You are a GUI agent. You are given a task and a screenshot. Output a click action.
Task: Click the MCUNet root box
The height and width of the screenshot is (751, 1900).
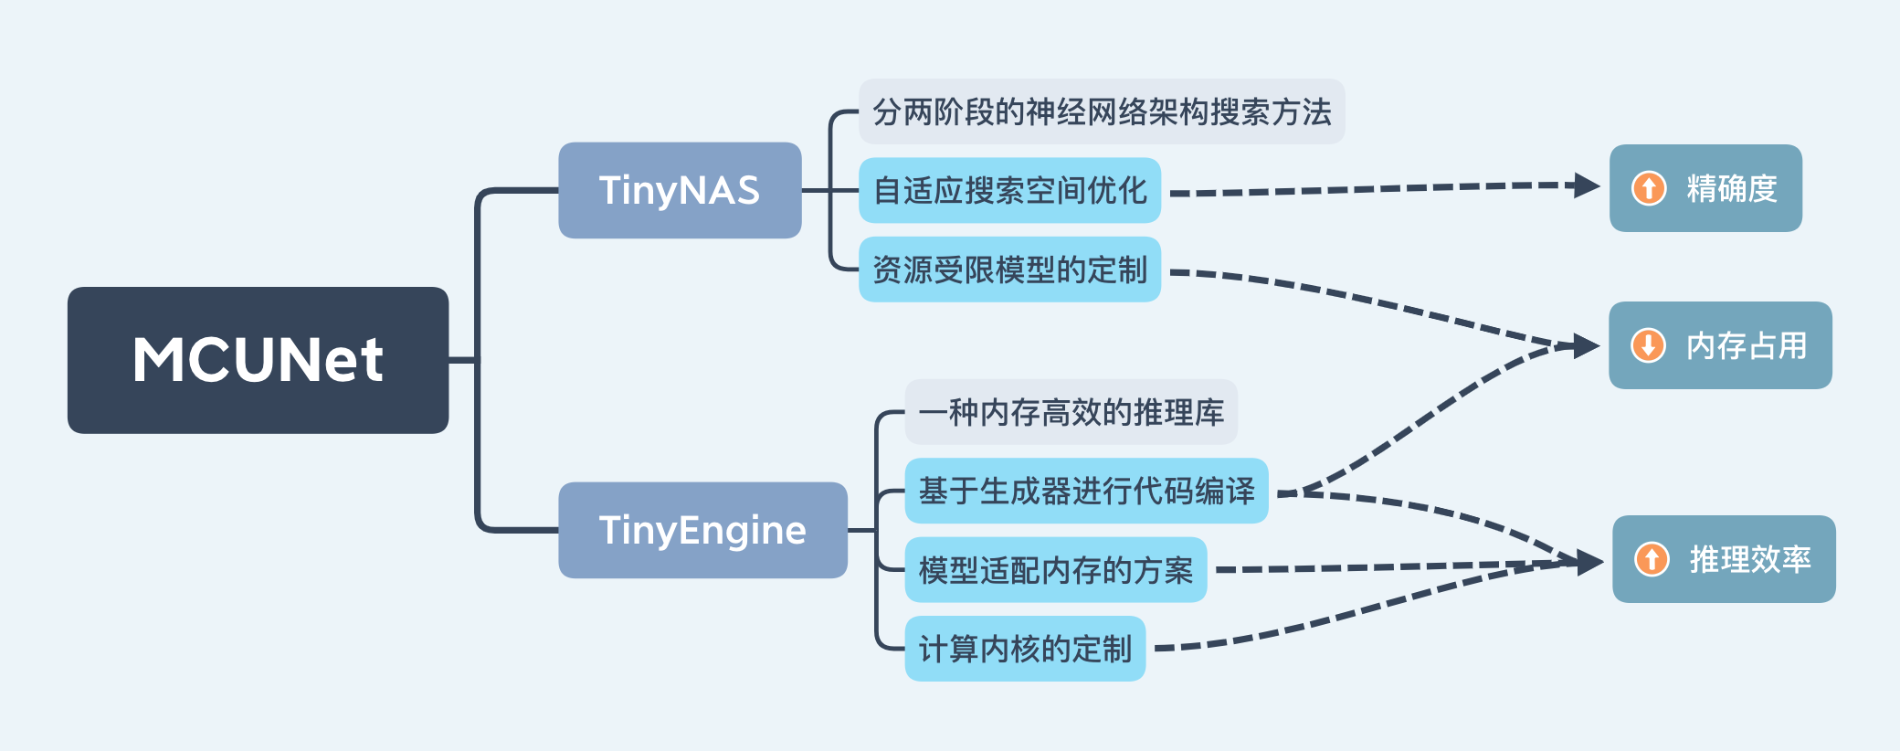pyautogui.click(x=258, y=360)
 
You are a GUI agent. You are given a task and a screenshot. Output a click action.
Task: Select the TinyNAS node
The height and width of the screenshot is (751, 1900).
pyautogui.click(x=680, y=190)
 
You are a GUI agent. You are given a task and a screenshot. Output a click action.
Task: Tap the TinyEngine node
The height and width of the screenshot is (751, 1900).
pyautogui.click(x=702, y=530)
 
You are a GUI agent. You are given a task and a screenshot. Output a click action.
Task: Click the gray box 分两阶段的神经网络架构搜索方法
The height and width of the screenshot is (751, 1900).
pyautogui.click(x=1101, y=111)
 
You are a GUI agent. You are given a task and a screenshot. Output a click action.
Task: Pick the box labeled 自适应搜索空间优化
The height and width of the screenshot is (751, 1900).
pyautogui.click(x=1009, y=190)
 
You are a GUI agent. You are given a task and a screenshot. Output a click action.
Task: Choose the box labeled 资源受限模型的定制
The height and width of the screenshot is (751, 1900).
pyautogui.click(x=1009, y=270)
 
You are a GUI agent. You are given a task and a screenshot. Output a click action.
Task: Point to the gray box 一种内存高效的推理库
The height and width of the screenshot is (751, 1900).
pyautogui.click(x=1071, y=412)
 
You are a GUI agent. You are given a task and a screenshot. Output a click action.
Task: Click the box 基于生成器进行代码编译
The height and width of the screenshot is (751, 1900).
pyautogui.click(x=1086, y=491)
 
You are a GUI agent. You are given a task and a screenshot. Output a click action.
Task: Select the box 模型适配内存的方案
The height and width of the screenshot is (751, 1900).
pyautogui.click(x=1055, y=570)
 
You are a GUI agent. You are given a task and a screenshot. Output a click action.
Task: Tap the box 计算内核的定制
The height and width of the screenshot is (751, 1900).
pyautogui.click(x=1025, y=649)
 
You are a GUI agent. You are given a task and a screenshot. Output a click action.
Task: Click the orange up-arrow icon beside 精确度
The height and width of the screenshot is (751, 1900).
pyautogui.click(x=1649, y=188)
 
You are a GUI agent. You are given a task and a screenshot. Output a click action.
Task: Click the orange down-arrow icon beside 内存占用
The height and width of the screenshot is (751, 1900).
pyautogui.click(x=1648, y=345)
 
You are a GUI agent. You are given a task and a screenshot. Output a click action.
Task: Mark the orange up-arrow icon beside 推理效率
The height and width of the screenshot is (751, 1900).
pyautogui.click(x=1652, y=559)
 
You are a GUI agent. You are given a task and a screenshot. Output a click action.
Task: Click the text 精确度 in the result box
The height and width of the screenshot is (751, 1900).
pyautogui.click(x=1731, y=188)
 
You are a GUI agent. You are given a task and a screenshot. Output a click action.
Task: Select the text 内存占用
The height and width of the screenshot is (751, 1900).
pyautogui.click(x=1746, y=345)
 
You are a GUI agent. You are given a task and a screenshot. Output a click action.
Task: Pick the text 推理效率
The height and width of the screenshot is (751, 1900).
pyautogui.click(x=1749, y=559)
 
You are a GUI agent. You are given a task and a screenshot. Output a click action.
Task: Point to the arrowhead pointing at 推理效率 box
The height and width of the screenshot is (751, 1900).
pyautogui.click(x=1589, y=562)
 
